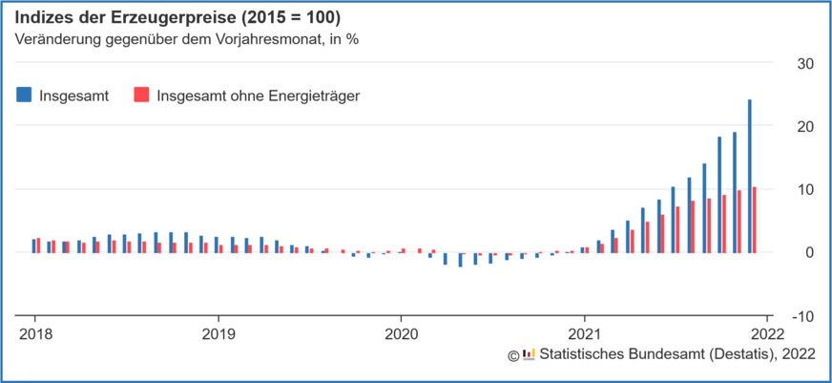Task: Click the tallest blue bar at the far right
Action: [749, 176]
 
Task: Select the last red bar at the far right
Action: [754, 220]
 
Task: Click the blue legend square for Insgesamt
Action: [24, 95]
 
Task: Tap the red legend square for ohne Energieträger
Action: [141, 95]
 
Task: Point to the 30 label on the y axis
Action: [805, 64]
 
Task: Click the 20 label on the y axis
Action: [805, 127]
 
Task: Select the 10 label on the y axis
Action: [805, 190]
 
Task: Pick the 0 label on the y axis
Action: [809, 253]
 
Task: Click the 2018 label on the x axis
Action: [35, 334]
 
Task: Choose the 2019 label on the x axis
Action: [218, 334]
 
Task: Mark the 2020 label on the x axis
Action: [401, 334]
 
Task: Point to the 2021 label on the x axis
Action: [584, 334]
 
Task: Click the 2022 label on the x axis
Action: [767, 334]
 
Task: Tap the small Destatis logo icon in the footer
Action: [529, 354]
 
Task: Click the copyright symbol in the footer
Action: [513, 354]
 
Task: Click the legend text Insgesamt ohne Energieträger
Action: [258, 95]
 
